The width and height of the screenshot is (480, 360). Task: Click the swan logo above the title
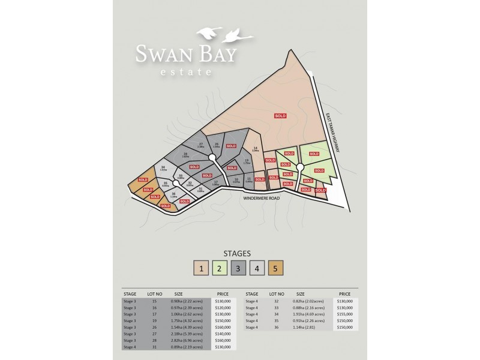click(x=221, y=34)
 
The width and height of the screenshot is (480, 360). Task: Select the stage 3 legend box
click(x=239, y=269)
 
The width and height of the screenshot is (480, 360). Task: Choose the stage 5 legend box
click(x=276, y=269)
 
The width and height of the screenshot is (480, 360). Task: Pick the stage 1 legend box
click(x=202, y=269)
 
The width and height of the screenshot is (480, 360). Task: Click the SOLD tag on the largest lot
click(x=280, y=115)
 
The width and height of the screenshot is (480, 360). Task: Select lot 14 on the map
click(x=256, y=149)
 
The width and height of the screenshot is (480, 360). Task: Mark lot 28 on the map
click(x=185, y=156)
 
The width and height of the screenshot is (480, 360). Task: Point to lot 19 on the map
click(x=247, y=161)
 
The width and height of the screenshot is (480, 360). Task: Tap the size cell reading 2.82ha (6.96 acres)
click(x=187, y=340)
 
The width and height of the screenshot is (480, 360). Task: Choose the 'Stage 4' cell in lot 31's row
click(x=130, y=347)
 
